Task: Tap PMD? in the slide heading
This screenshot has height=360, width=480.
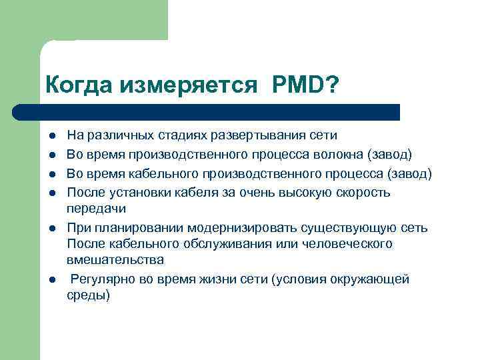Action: tap(305, 85)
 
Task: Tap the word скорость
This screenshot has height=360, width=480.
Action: tap(366, 193)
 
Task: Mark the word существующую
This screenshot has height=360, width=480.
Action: tap(347, 229)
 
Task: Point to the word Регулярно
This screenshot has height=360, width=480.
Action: tap(103, 280)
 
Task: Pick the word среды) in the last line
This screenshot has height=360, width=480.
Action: tap(88, 295)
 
